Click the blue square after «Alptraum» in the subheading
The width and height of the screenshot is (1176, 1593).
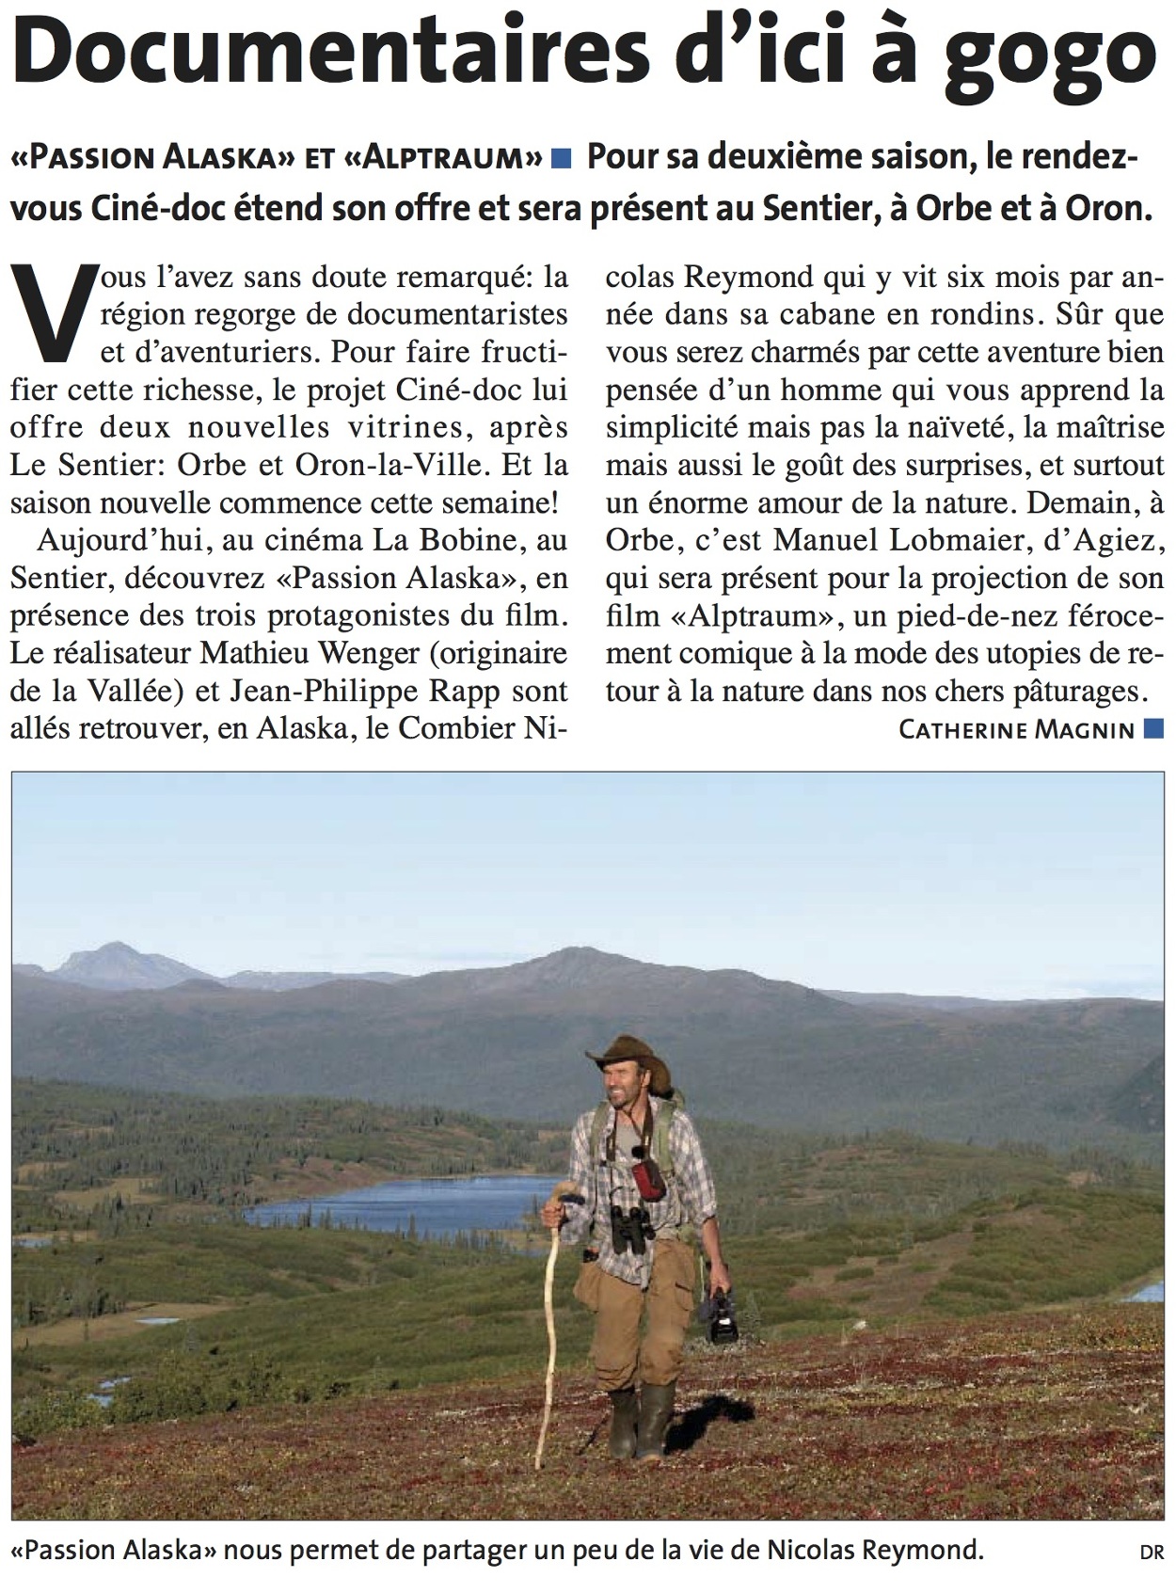pos(562,158)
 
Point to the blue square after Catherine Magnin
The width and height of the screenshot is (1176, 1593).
pos(1153,727)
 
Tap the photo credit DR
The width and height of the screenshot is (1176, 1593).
pos(1152,1553)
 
